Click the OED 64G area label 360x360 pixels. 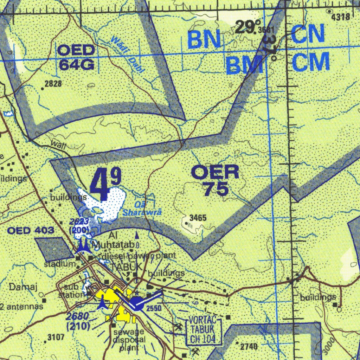point(76,58)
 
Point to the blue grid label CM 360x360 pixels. point(310,62)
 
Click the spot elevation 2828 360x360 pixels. point(53,84)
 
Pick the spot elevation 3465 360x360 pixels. point(198,218)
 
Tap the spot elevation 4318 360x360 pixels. point(341,17)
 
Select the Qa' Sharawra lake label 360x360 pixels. point(142,209)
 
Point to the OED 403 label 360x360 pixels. point(31,231)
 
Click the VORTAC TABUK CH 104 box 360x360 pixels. point(204,330)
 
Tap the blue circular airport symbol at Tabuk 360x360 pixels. point(137,304)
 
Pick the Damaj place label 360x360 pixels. point(23,287)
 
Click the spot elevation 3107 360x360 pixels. point(56,338)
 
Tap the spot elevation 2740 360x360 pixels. point(249,347)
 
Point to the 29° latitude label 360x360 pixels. point(245,27)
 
